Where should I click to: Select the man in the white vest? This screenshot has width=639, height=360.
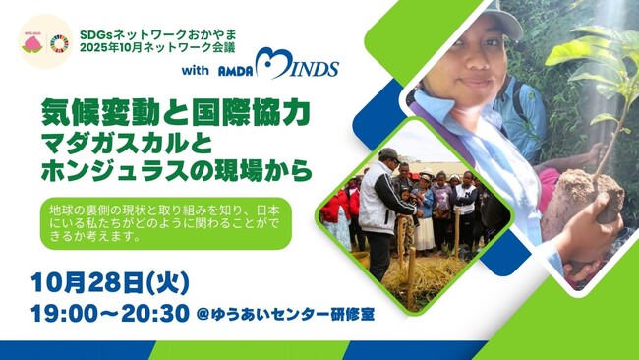click(x=378, y=202)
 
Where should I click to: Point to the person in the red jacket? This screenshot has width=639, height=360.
click(x=335, y=207)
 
